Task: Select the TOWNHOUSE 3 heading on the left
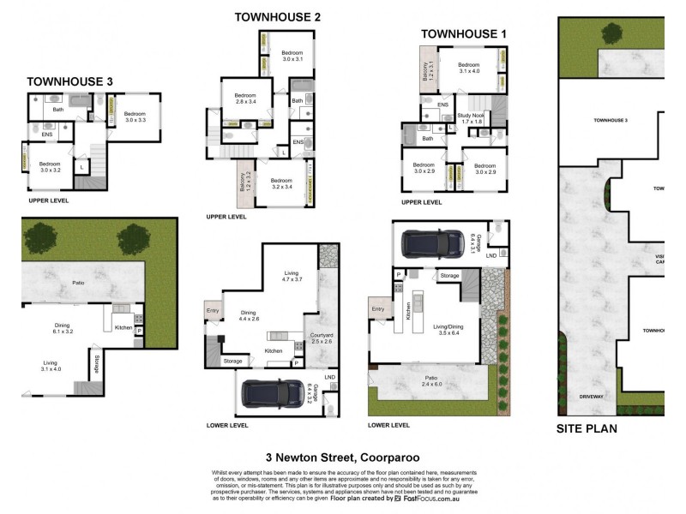(69, 81)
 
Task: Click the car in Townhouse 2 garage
(271, 393)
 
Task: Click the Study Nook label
(471, 118)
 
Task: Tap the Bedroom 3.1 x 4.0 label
(468, 69)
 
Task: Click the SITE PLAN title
(587, 428)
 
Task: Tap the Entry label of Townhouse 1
(377, 309)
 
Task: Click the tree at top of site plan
(612, 33)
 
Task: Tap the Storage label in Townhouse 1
(450, 276)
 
